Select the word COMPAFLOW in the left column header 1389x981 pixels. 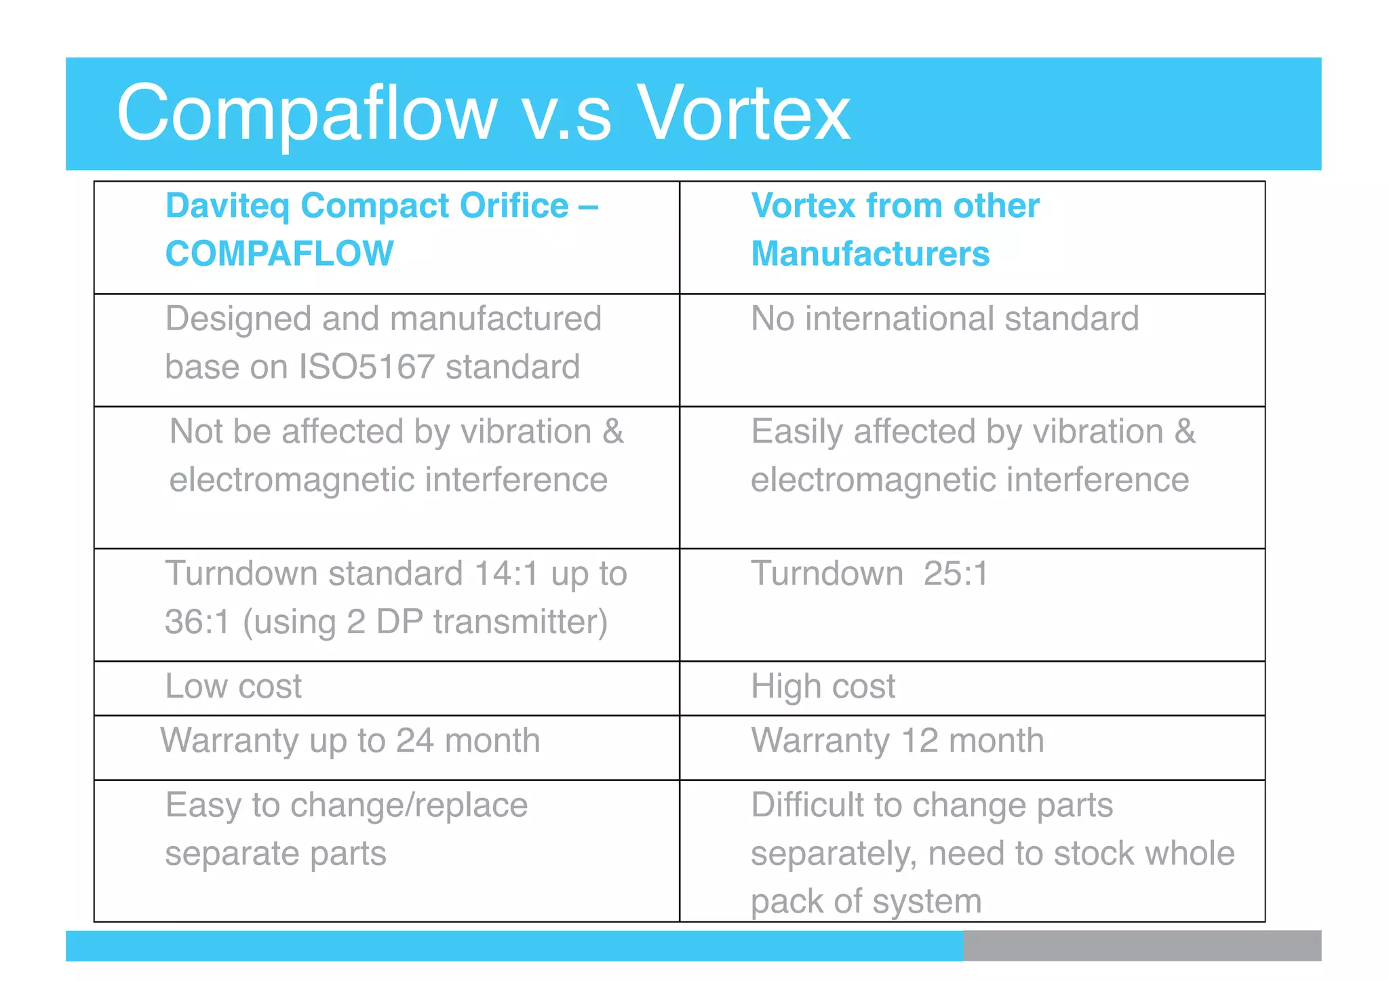[x=279, y=254]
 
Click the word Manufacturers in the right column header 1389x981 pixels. [x=870, y=254]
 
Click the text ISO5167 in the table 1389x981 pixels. [x=366, y=367]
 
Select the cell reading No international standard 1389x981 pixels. [x=945, y=319]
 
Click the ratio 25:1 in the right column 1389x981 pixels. [x=956, y=574]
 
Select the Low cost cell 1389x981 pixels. [x=233, y=687]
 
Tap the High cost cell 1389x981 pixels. [x=823, y=687]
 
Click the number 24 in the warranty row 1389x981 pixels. [x=415, y=740]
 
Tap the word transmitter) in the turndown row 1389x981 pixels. [x=520, y=622]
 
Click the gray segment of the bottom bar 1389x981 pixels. [x=1141, y=946]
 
